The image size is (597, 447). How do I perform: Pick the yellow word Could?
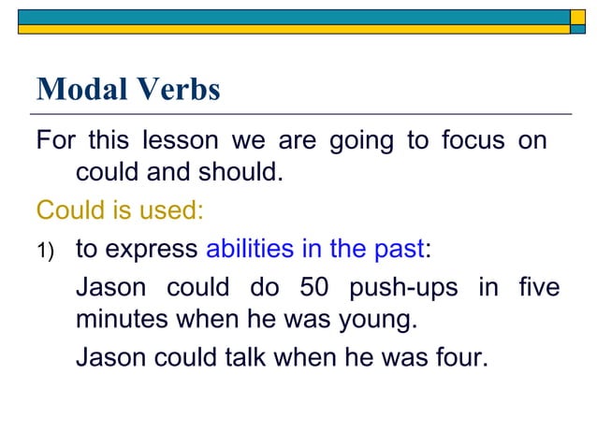67,210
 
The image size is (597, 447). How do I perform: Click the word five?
540,287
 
